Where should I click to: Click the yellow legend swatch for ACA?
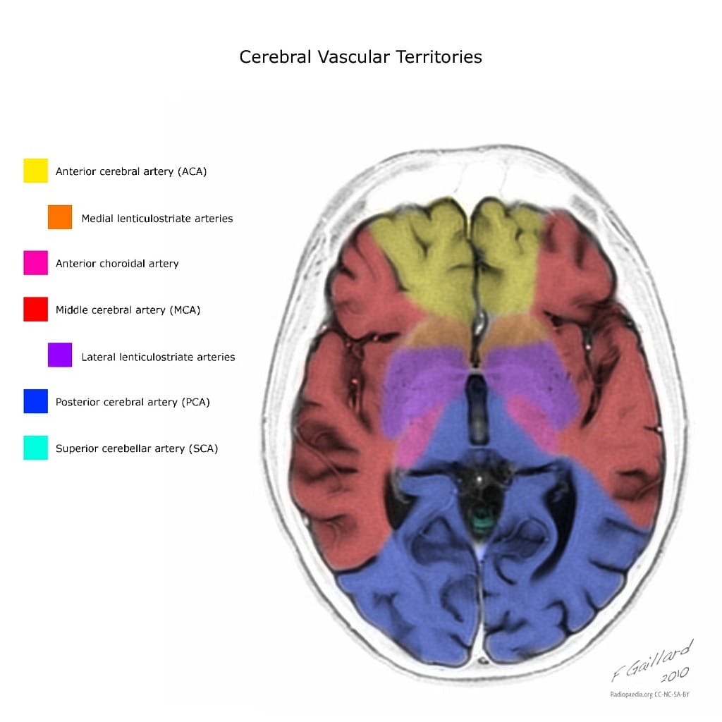click(x=35, y=171)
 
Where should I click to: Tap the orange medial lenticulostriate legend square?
click(x=60, y=217)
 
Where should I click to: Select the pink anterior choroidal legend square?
click(x=35, y=263)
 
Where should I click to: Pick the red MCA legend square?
click(x=35, y=310)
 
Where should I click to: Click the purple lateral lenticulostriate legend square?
click(x=60, y=355)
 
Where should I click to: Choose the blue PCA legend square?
click(x=35, y=401)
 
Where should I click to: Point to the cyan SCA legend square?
click(x=35, y=448)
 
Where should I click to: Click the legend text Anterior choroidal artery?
click(x=117, y=264)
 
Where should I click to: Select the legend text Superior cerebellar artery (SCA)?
click(x=137, y=448)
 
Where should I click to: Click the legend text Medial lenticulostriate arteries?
click(x=157, y=219)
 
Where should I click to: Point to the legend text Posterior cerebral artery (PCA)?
click(x=133, y=403)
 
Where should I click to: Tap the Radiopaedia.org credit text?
click(x=631, y=695)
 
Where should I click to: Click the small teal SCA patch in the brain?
click(x=482, y=522)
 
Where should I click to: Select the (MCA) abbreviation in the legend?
click(x=185, y=310)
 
